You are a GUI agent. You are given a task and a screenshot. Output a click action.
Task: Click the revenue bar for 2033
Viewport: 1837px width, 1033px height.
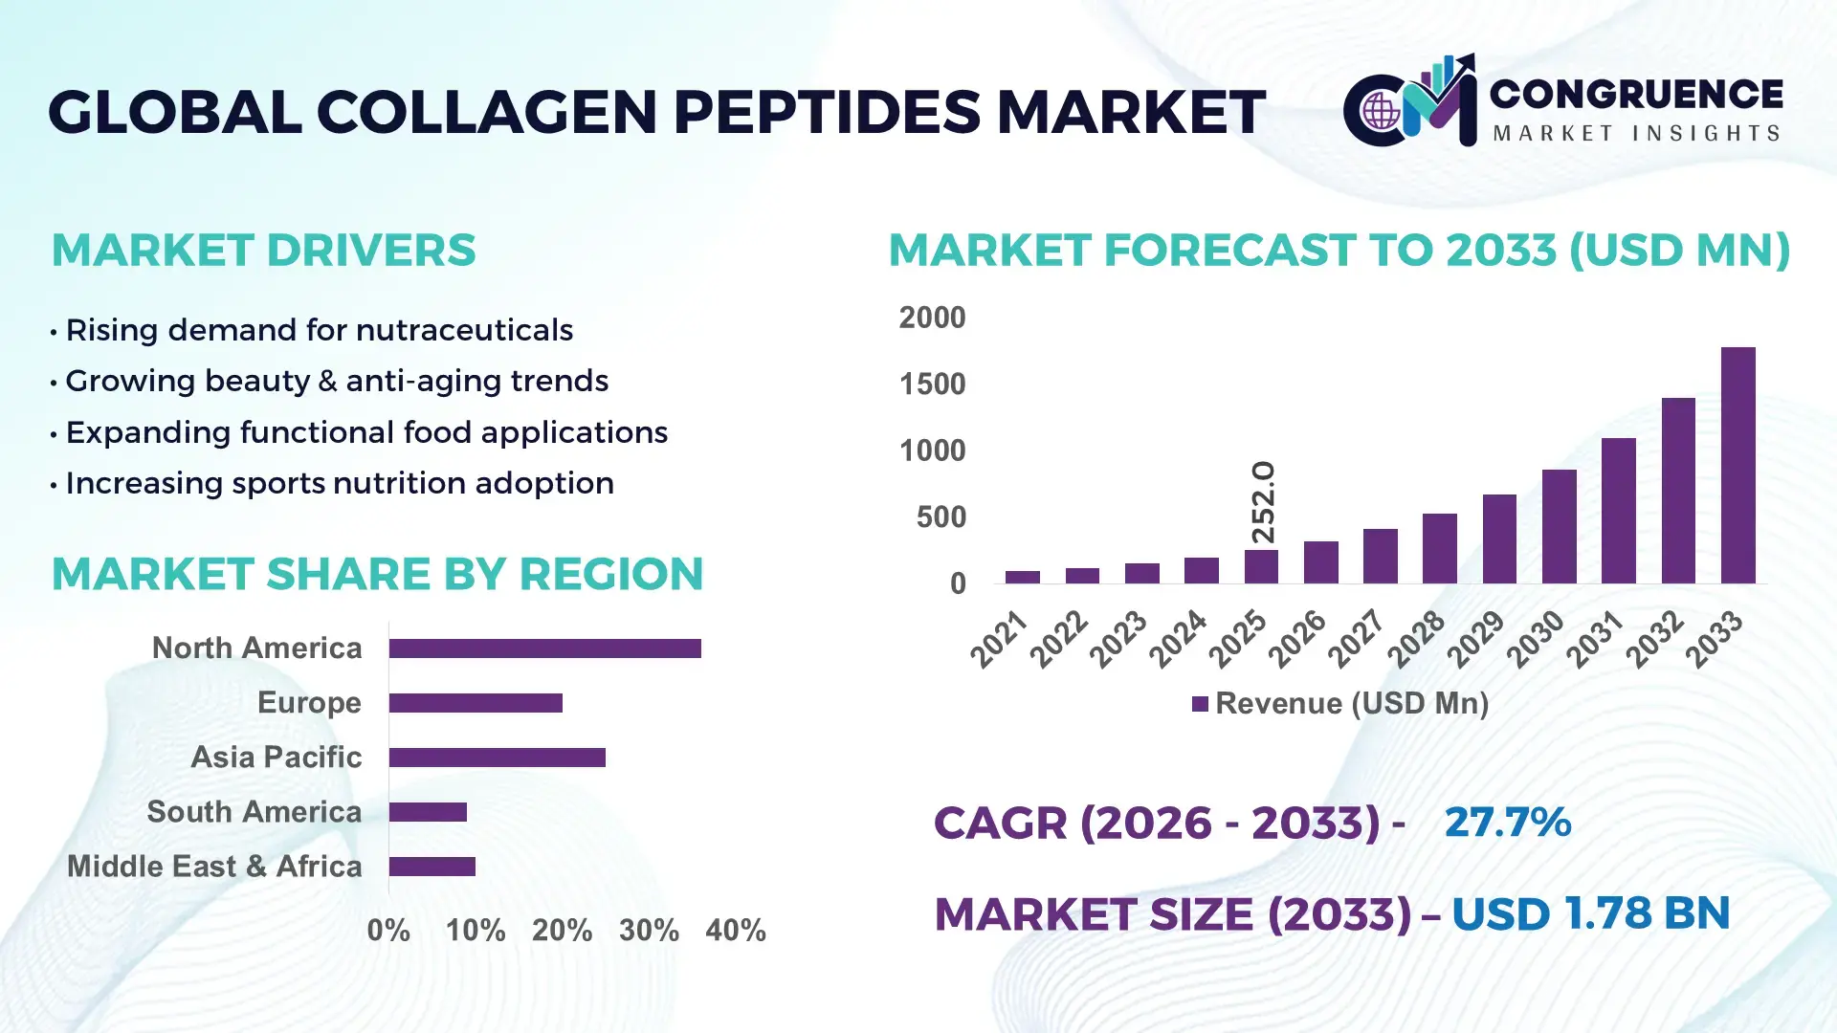click(x=1737, y=466)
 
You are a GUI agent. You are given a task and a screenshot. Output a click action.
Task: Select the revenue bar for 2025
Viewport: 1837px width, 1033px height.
click(x=1261, y=566)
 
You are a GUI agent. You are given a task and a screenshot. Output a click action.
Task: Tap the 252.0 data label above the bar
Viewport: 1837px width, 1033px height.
click(x=1263, y=502)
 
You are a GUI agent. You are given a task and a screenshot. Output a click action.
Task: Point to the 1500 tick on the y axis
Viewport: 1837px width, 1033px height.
click(x=932, y=385)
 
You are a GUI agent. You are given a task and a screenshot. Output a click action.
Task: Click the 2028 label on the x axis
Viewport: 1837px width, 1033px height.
click(x=1417, y=638)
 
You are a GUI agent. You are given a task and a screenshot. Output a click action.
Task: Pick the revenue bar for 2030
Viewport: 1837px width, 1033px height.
click(x=1559, y=526)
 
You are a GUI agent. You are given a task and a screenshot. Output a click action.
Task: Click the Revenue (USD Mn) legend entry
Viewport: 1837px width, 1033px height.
click(x=1340, y=704)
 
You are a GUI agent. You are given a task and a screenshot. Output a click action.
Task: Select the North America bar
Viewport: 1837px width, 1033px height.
click(x=544, y=648)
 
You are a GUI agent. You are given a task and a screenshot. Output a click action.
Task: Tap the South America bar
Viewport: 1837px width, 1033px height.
click(x=428, y=812)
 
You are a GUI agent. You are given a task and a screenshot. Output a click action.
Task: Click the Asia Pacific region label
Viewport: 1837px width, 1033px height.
click(x=276, y=758)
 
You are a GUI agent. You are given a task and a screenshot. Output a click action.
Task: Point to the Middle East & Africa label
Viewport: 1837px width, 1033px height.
click(x=214, y=867)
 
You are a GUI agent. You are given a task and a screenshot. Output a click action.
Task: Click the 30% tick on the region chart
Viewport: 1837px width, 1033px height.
click(x=649, y=931)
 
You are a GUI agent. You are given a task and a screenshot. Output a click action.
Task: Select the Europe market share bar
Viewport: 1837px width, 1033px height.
click(x=476, y=703)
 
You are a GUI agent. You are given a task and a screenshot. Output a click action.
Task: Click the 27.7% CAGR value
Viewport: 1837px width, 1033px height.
click(x=1507, y=822)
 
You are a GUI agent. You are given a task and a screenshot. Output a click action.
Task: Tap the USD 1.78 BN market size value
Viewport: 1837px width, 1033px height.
click(x=1590, y=913)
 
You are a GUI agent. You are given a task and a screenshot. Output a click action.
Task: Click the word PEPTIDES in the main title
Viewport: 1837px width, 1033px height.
click(x=827, y=112)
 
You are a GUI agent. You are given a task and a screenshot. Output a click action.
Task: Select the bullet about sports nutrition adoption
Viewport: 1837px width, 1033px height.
click(x=339, y=483)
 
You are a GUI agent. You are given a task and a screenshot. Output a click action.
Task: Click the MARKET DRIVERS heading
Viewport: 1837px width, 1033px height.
click(x=263, y=251)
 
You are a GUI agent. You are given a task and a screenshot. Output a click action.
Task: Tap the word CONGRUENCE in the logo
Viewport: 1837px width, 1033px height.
click(x=1636, y=94)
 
